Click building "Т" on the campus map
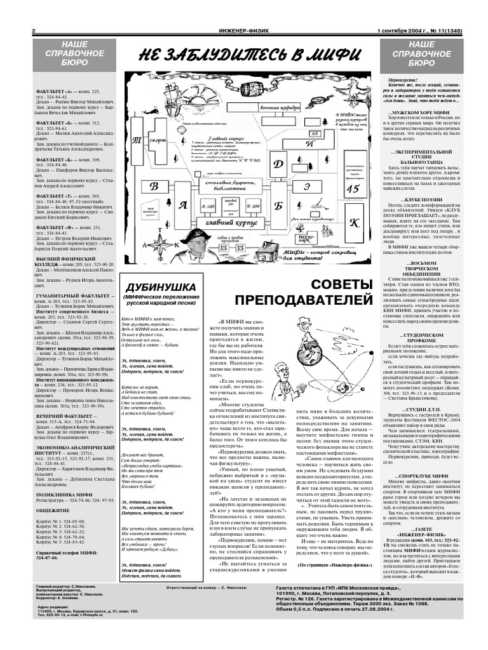pos(135,139)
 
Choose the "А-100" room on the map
pos(207,207)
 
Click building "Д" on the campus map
pos(278,164)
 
